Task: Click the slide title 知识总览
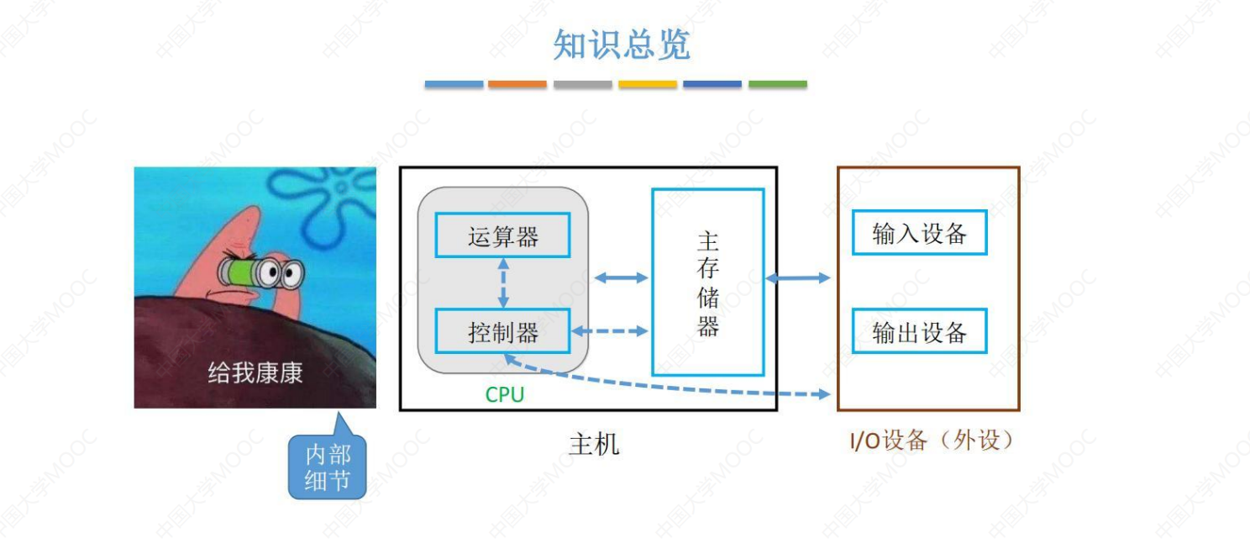point(622,45)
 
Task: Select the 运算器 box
point(502,235)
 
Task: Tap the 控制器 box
point(502,331)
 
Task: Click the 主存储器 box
point(707,282)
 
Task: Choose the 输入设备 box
point(919,233)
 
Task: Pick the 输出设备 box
point(919,331)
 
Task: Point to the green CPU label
point(504,394)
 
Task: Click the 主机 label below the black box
point(593,443)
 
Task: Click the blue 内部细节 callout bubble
point(328,467)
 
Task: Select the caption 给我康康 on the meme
point(255,372)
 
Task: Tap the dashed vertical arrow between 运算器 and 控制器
point(502,283)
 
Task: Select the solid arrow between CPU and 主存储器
point(621,277)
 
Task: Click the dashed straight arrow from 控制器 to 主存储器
point(611,331)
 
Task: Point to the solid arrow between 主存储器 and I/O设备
point(797,277)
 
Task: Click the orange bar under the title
point(517,84)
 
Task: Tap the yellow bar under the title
point(648,84)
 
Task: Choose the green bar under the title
point(777,84)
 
